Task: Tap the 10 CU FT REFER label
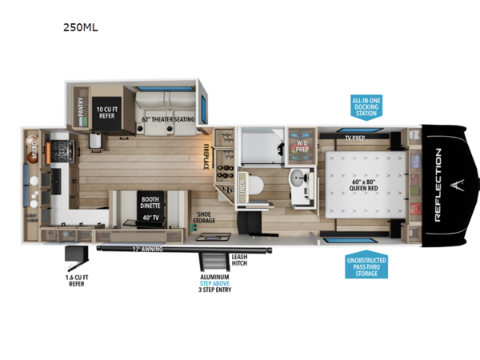(108, 112)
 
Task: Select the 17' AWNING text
(148, 250)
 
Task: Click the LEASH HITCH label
(240, 260)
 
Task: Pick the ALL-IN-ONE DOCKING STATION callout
(366, 106)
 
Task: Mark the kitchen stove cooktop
(62, 150)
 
